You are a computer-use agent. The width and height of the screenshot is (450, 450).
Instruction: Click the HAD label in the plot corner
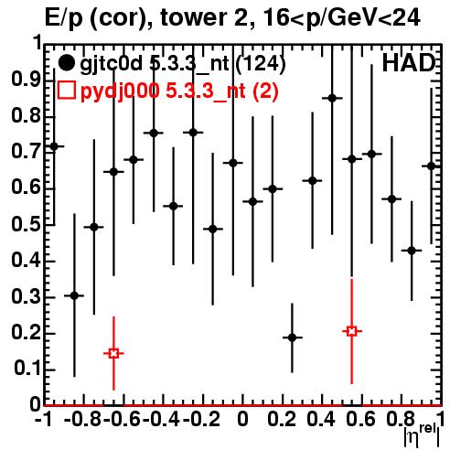[x=408, y=63]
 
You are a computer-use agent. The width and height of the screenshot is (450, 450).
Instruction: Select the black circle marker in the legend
[x=66, y=63]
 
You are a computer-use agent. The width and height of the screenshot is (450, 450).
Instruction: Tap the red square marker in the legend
[x=66, y=90]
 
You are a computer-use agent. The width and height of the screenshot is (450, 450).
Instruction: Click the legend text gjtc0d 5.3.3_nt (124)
[x=183, y=65]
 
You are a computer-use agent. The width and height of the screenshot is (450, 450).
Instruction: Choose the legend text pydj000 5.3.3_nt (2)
[x=179, y=91]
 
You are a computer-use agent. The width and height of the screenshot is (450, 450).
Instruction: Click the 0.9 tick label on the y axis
[x=26, y=80]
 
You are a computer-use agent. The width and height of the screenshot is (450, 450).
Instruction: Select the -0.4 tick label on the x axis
[x=161, y=419]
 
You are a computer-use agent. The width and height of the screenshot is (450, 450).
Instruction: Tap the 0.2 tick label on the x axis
[x=282, y=419]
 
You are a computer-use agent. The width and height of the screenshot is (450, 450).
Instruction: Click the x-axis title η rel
[x=423, y=435]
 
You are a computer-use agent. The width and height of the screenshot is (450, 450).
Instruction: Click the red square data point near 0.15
[x=113, y=353]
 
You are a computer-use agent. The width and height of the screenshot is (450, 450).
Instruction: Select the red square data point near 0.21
[x=352, y=331]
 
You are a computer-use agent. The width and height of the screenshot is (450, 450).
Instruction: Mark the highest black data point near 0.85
[x=332, y=98]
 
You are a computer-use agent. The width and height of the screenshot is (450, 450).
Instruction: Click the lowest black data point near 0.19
[x=292, y=337]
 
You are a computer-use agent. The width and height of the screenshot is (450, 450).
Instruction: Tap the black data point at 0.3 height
[x=74, y=295]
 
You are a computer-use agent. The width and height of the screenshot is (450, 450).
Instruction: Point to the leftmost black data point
[x=54, y=146]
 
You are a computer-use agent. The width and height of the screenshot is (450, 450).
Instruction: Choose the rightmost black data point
[x=431, y=166]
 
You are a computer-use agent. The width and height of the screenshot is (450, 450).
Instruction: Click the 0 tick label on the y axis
[x=35, y=404]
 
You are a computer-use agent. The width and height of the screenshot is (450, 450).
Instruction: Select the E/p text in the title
[x=64, y=18]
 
